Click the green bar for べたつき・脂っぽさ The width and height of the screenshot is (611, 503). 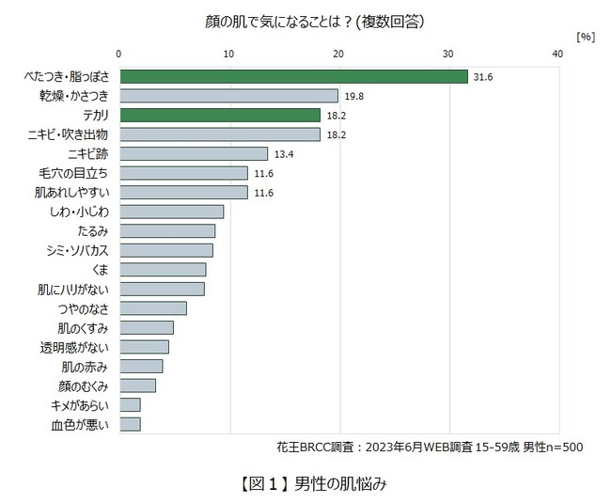coord(293,76)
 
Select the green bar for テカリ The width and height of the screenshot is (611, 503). coord(220,115)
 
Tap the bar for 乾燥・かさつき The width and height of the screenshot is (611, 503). coord(228,96)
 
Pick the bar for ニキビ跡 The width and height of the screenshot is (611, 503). coord(194,153)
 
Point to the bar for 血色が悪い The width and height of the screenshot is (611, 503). coord(130,424)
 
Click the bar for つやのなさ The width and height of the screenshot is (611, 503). coord(152,308)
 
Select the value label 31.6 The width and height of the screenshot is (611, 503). coord(482,76)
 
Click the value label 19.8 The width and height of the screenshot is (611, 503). coord(353,96)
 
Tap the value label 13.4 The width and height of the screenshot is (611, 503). coord(283,153)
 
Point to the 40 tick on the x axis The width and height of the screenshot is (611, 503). coord(558,55)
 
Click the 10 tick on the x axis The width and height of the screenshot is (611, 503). coord(229,55)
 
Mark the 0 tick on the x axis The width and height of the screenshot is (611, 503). coord(119,55)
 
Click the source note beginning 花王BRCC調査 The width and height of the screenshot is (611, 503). coord(429,447)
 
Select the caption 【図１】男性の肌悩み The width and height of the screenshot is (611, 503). coord(305,484)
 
